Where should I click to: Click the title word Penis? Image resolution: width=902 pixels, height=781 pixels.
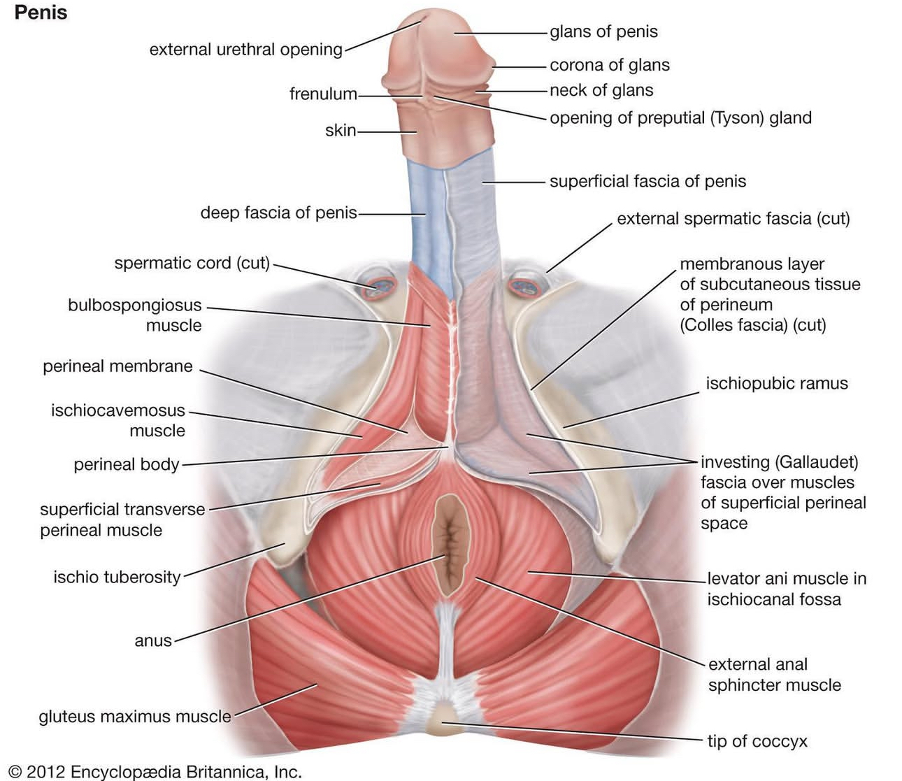pos(41,13)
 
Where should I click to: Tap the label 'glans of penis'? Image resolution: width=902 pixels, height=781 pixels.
pos(603,31)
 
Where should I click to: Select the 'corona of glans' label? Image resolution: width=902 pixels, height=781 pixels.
pos(609,65)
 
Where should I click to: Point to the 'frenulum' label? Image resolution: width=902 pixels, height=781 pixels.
pos(323,94)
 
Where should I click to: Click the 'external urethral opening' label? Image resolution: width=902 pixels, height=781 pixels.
pos(246,50)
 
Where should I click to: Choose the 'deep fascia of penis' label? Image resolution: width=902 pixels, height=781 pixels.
pos(278,213)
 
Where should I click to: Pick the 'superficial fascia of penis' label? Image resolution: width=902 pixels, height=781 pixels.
pos(647,181)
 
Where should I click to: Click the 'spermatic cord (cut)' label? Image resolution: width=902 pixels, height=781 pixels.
pos(192,263)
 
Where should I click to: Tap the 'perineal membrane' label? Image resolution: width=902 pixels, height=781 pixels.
pos(117,366)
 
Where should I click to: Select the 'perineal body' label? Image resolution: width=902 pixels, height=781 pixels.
pos(127,465)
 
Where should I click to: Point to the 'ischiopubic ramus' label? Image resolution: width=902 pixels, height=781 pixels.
pos(776,383)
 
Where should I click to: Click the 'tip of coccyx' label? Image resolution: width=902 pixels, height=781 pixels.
pos(757,741)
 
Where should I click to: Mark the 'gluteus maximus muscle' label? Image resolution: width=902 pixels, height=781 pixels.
pos(135,717)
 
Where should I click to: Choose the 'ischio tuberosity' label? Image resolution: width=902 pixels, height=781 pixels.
pos(117,577)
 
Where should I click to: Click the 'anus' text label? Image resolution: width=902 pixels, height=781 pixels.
pos(153,640)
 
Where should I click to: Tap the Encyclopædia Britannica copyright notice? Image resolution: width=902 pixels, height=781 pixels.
pos(155,772)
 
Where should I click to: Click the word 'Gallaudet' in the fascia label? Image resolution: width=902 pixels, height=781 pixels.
pos(815,462)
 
